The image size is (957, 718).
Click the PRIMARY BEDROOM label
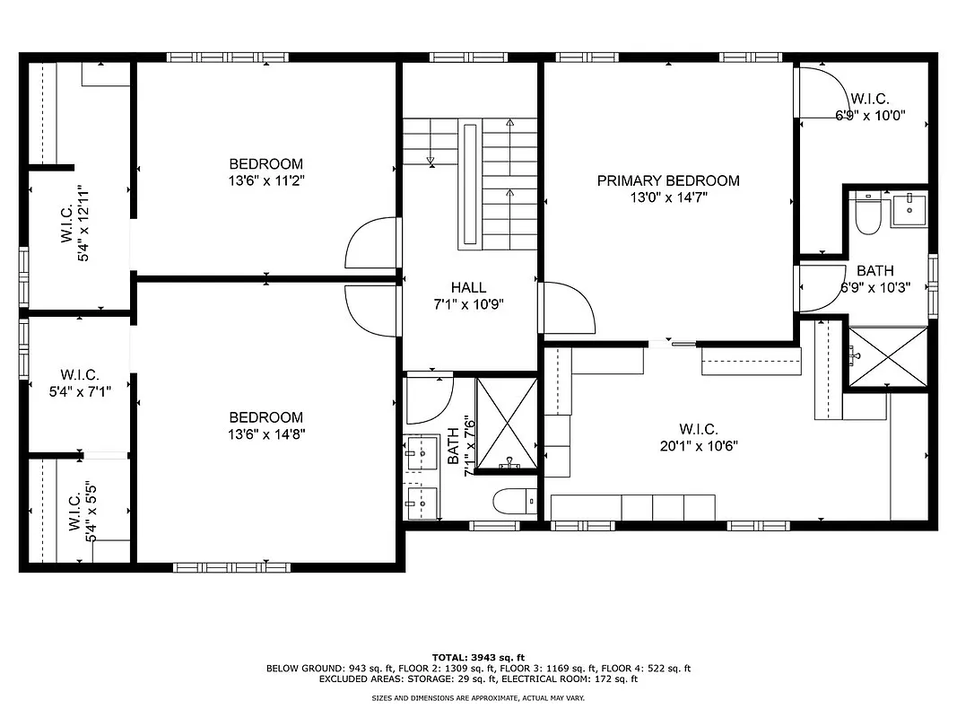tap(668, 180)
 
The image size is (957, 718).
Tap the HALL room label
tap(468, 287)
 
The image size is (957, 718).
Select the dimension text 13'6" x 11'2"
tap(265, 180)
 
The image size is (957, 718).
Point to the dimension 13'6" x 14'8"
tap(265, 434)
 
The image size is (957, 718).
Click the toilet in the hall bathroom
tap(514, 501)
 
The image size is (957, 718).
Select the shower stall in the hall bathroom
tap(508, 424)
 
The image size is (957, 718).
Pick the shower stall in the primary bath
tap(887, 356)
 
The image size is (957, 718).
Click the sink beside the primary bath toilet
tap(909, 210)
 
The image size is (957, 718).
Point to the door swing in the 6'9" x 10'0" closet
tap(819, 93)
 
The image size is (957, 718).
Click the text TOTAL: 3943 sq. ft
tap(478, 657)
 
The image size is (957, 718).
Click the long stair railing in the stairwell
tap(470, 187)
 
